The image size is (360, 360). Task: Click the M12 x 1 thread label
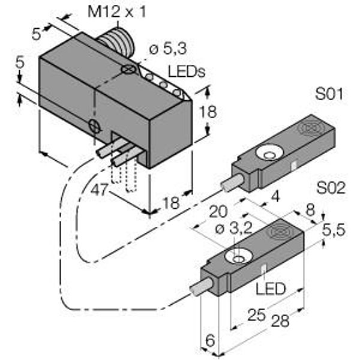click(x=116, y=12)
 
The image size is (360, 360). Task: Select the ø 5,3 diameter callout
click(x=168, y=49)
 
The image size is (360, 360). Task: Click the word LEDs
click(x=186, y=71)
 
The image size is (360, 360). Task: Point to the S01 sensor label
click(x=329, y=94)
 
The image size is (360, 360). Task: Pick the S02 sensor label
click(x=331, y=188)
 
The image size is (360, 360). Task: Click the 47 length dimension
click(x=99, y=190)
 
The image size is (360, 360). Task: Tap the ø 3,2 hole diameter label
click(x=234, y=229)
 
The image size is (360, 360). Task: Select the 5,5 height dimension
click(x=334, y=230)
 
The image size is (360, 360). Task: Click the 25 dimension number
click(x=256, y=315)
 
